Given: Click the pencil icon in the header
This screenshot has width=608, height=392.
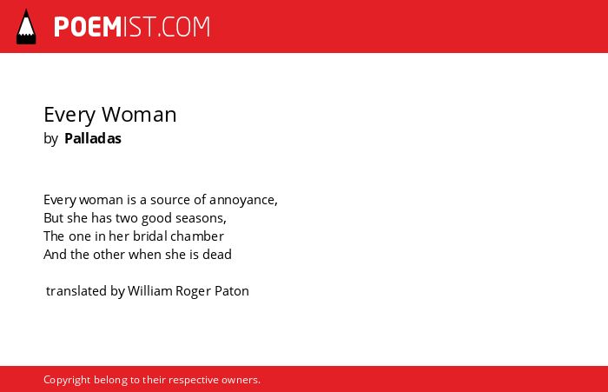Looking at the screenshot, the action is coord(26,27).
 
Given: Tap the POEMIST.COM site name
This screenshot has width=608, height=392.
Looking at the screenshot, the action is coord(132,27).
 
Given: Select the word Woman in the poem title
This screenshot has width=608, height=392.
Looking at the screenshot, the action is coord(139,115).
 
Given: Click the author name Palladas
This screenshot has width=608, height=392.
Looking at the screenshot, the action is coord(93,138).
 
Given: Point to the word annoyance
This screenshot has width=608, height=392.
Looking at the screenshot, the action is coord(243,200).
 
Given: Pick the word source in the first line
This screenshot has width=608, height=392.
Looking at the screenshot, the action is coord(170,200).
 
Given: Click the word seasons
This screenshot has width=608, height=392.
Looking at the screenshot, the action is coord(201,218).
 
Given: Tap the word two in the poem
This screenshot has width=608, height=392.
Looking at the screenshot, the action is coord(126,218).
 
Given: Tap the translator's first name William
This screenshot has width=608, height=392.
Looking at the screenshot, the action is coord(149,290).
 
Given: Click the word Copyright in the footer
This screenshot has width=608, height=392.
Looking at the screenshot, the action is coord(67,380).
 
